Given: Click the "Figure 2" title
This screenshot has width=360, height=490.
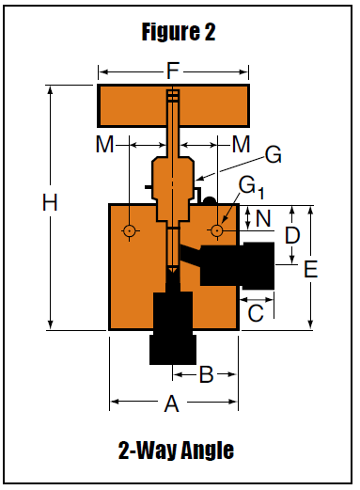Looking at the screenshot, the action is pyautogui.click(x=179, y=31).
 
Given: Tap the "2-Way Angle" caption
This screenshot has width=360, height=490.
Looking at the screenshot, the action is pyautogui.click(x=176, y=450).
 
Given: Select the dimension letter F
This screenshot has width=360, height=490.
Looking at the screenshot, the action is pyautogui.click(x=173, y=71).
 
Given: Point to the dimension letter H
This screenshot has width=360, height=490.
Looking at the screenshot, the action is pyautogui.click(x=50, y=202).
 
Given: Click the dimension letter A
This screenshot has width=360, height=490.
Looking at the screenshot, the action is pyautogui.click(x=172, y=403).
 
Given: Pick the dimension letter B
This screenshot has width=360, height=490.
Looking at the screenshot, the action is pyautogui.click(x=207, y=374).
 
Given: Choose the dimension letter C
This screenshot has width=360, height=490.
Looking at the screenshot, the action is pyautogui.click(x=256, y=313).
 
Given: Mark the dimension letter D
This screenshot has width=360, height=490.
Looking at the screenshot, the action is pyautogui.click(x=292, y=235).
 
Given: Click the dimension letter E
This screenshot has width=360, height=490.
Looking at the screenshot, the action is pyautogui.click(x=311, y=269).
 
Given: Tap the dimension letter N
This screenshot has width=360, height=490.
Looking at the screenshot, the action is pyautogui.click(x=263, y=218).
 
